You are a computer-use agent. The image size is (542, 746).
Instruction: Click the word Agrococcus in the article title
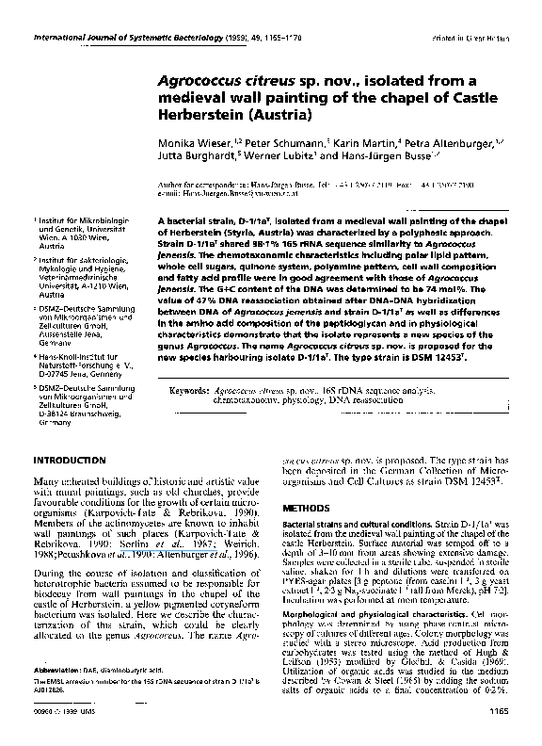pos(197,82)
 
